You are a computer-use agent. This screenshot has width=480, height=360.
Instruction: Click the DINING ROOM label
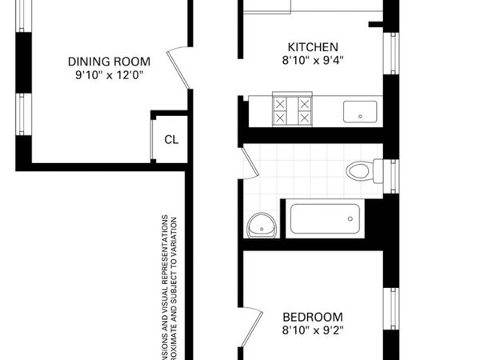pos(104,62)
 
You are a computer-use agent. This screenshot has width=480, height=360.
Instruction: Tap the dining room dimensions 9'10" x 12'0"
pos(104,76)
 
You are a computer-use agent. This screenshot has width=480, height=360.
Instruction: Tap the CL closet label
pos(171,139)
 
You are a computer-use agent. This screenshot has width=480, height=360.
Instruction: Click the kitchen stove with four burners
pos(292,110)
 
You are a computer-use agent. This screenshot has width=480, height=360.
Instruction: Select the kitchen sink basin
pos(362,111)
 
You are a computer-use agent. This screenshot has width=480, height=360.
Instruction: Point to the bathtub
pos(324,218)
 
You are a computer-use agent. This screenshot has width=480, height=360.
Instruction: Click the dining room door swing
pos(179,69)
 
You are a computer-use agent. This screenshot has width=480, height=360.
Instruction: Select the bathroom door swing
pos(250,162)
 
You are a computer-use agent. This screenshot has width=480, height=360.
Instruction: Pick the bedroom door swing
pos(253,327)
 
